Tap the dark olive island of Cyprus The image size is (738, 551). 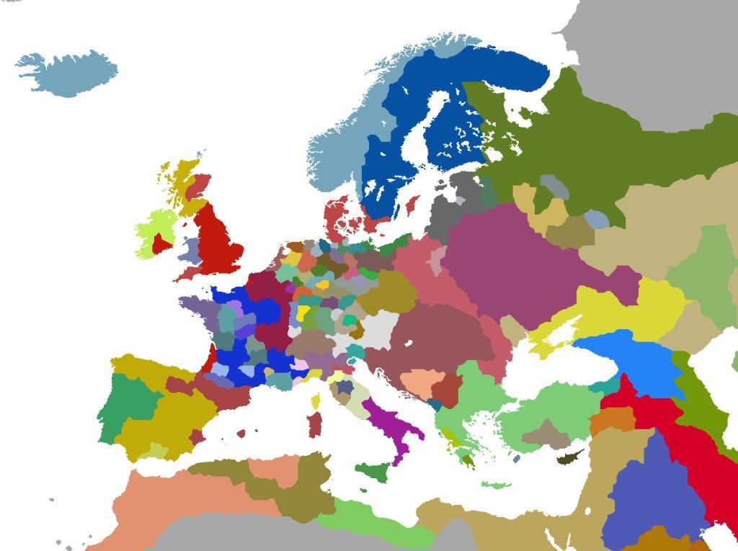click(569, 457)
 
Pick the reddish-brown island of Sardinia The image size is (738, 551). click(314, 424)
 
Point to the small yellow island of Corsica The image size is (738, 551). click(316, 400)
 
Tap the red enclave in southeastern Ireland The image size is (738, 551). click(161, 244)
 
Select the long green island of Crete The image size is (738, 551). click(494, 485)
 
